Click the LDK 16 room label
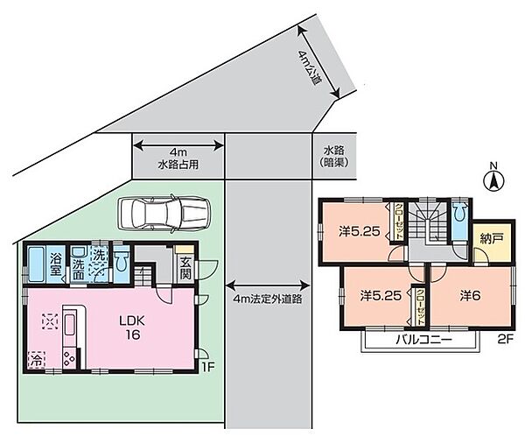pyautogui.click(x=131, y=327)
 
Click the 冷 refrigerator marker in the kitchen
pyautogui.click(x=38, y=359)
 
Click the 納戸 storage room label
pyautogui.click(x=491, y=237)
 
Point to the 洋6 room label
pyautogui.click(x=472, y=296)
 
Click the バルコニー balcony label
pyautogui.click(x=421, y=339)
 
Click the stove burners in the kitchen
pyautogui.click(x=68, y=357)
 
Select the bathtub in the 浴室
pyautogui.click(x=37, y=262)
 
